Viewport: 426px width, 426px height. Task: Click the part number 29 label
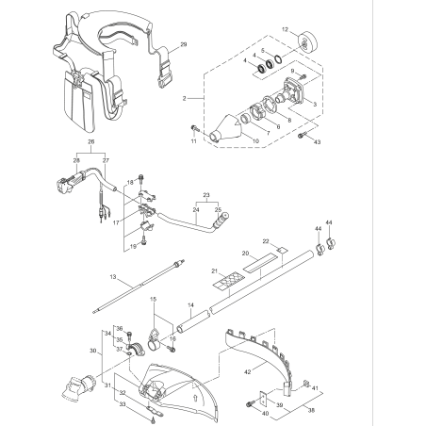pyautogui.click(x=184, y=44)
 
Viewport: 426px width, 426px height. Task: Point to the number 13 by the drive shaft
pyautogui.click(x=111, y=278)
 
